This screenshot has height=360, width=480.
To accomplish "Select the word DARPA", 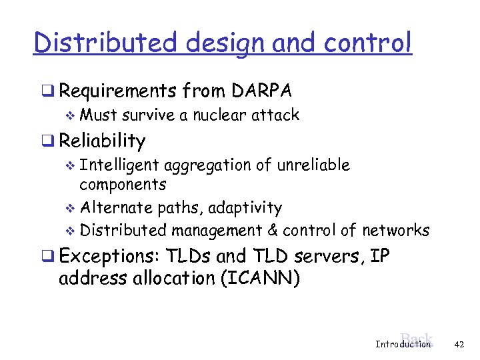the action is tap(263, 90).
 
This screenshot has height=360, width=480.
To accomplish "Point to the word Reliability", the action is tap(102, 141).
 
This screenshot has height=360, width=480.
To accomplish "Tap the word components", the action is tap(123, 185).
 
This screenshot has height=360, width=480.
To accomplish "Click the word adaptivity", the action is tap(245, 208).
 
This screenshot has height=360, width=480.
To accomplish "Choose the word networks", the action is tap(395, 231).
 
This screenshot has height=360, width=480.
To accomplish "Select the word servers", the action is tap(331, 257).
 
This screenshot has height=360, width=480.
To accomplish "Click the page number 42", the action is tap(458, 344).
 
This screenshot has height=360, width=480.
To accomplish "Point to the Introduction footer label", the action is tap(403, 345).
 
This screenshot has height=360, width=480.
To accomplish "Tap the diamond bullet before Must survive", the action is tap(73, 116).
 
